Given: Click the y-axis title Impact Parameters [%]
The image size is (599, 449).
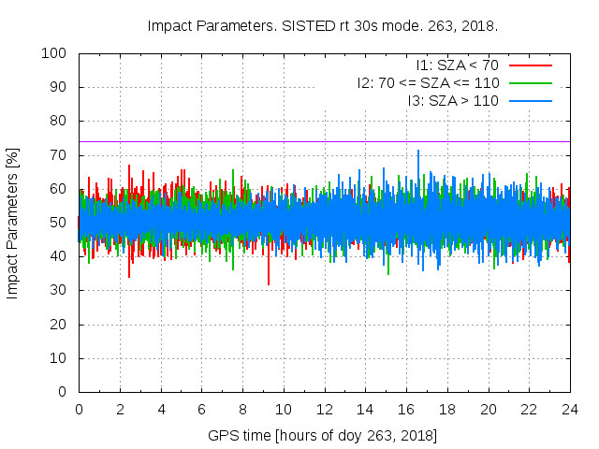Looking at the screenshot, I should tap(13, 223).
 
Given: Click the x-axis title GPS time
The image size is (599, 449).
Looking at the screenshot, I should tap(323, 435).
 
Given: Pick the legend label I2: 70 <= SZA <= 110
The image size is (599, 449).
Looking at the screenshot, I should tap(428, 82).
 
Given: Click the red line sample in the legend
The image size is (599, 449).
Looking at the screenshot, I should tap(530, 65).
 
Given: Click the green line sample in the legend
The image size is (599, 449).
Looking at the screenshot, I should tap(530, 82).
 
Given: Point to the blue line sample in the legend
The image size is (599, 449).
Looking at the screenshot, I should tap(530, 100).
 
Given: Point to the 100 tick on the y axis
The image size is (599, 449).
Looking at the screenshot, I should tap(58, 53).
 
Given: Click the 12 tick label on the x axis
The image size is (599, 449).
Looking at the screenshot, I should tap(324, 409).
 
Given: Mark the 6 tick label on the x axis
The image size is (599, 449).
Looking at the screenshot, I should tap(201, 409).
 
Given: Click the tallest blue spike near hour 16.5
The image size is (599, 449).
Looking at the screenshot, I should tap(418, 151).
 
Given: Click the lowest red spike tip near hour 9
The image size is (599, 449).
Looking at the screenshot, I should tap(269, 284).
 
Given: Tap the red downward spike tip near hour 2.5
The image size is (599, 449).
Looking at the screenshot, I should tap(129, 277).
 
